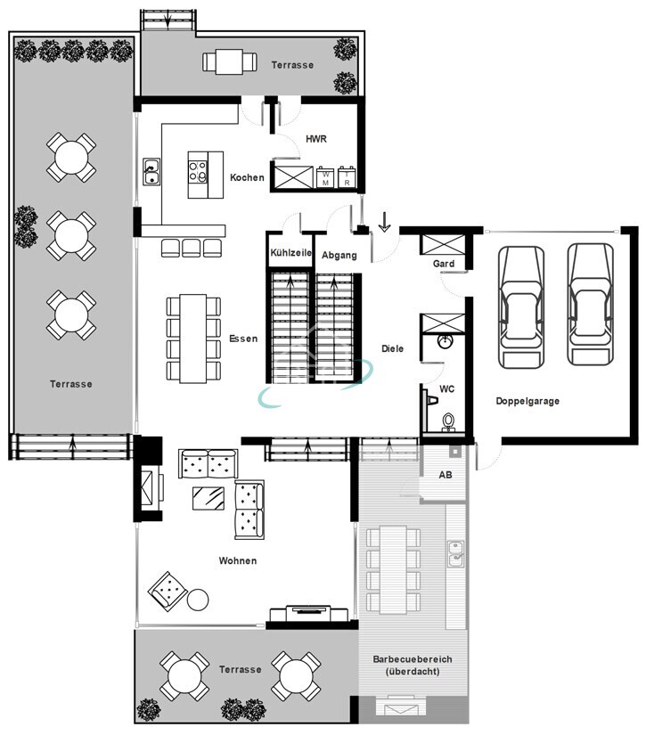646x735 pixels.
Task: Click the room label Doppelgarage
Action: pyautogui.click(x=527, y=401)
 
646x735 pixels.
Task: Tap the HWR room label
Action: pyautogui.click(x=316, y=139)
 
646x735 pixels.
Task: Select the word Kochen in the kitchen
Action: pyautogui.click(x=247, y=177)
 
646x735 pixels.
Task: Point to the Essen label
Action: pyautogui.click(x=243, y=339)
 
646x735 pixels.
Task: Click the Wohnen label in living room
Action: pyautogui.click(x=238, y=560)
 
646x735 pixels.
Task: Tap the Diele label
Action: pyautogui.click(x=392, y=348)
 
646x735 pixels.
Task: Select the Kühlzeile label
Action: pyautogui.click(x=290, y=253)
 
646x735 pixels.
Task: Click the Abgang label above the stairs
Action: pyautogui.click(x=339, y=255)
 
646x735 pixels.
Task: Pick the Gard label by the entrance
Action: pyautogui.click(x=444, y=264)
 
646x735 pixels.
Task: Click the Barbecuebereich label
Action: pyautogui.click(x=413, y=660)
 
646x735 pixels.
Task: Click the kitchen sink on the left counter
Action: pyautogui.click(x=151, y=171)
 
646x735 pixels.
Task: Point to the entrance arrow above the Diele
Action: pyautogui.click(x=384, y=222)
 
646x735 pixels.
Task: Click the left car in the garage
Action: pyautogui.click(x=521, y=306)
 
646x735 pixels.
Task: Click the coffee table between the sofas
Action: pyautogui.click(x=209, y=499)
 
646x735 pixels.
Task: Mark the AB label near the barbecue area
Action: pyautogui.click(x=446, y=475)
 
